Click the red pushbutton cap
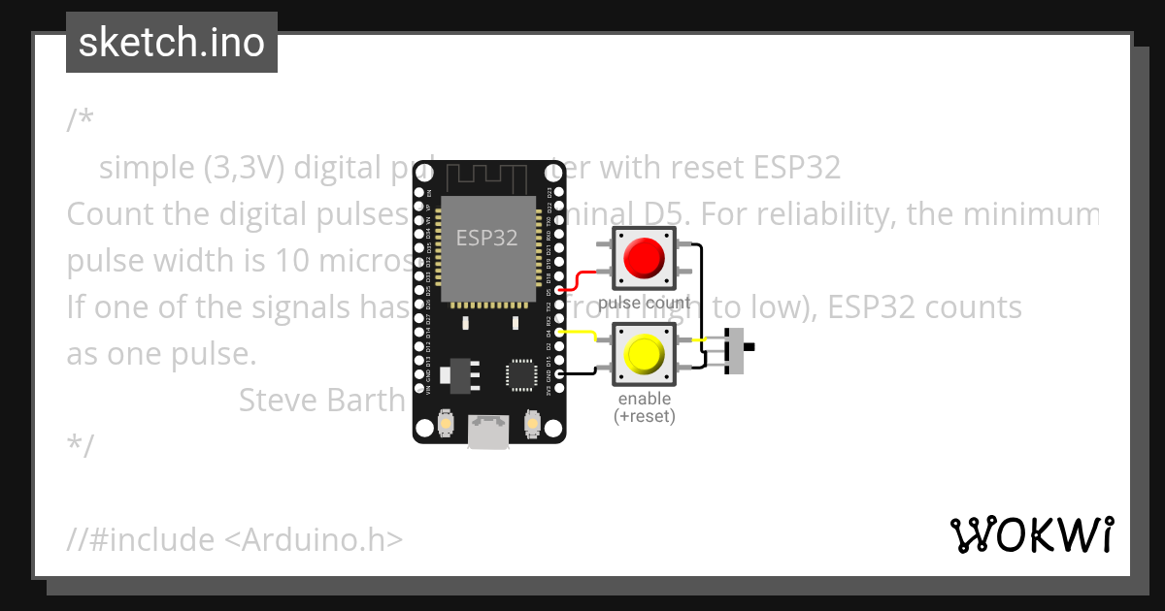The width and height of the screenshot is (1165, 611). [x=645, y=258]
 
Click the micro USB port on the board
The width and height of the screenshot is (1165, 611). [x=487, y=432]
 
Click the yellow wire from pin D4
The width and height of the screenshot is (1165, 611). [x=580, y=334]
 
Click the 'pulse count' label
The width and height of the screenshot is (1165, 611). [x=644, y=304]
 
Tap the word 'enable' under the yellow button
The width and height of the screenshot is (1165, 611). [x=644, y=400]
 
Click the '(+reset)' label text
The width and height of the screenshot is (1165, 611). [x=644, y=416]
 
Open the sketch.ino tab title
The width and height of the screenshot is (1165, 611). [x=172, y=43]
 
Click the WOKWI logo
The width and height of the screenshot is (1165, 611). [x=1032, y=534]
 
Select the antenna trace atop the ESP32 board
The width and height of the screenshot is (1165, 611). [x=485, y=178]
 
